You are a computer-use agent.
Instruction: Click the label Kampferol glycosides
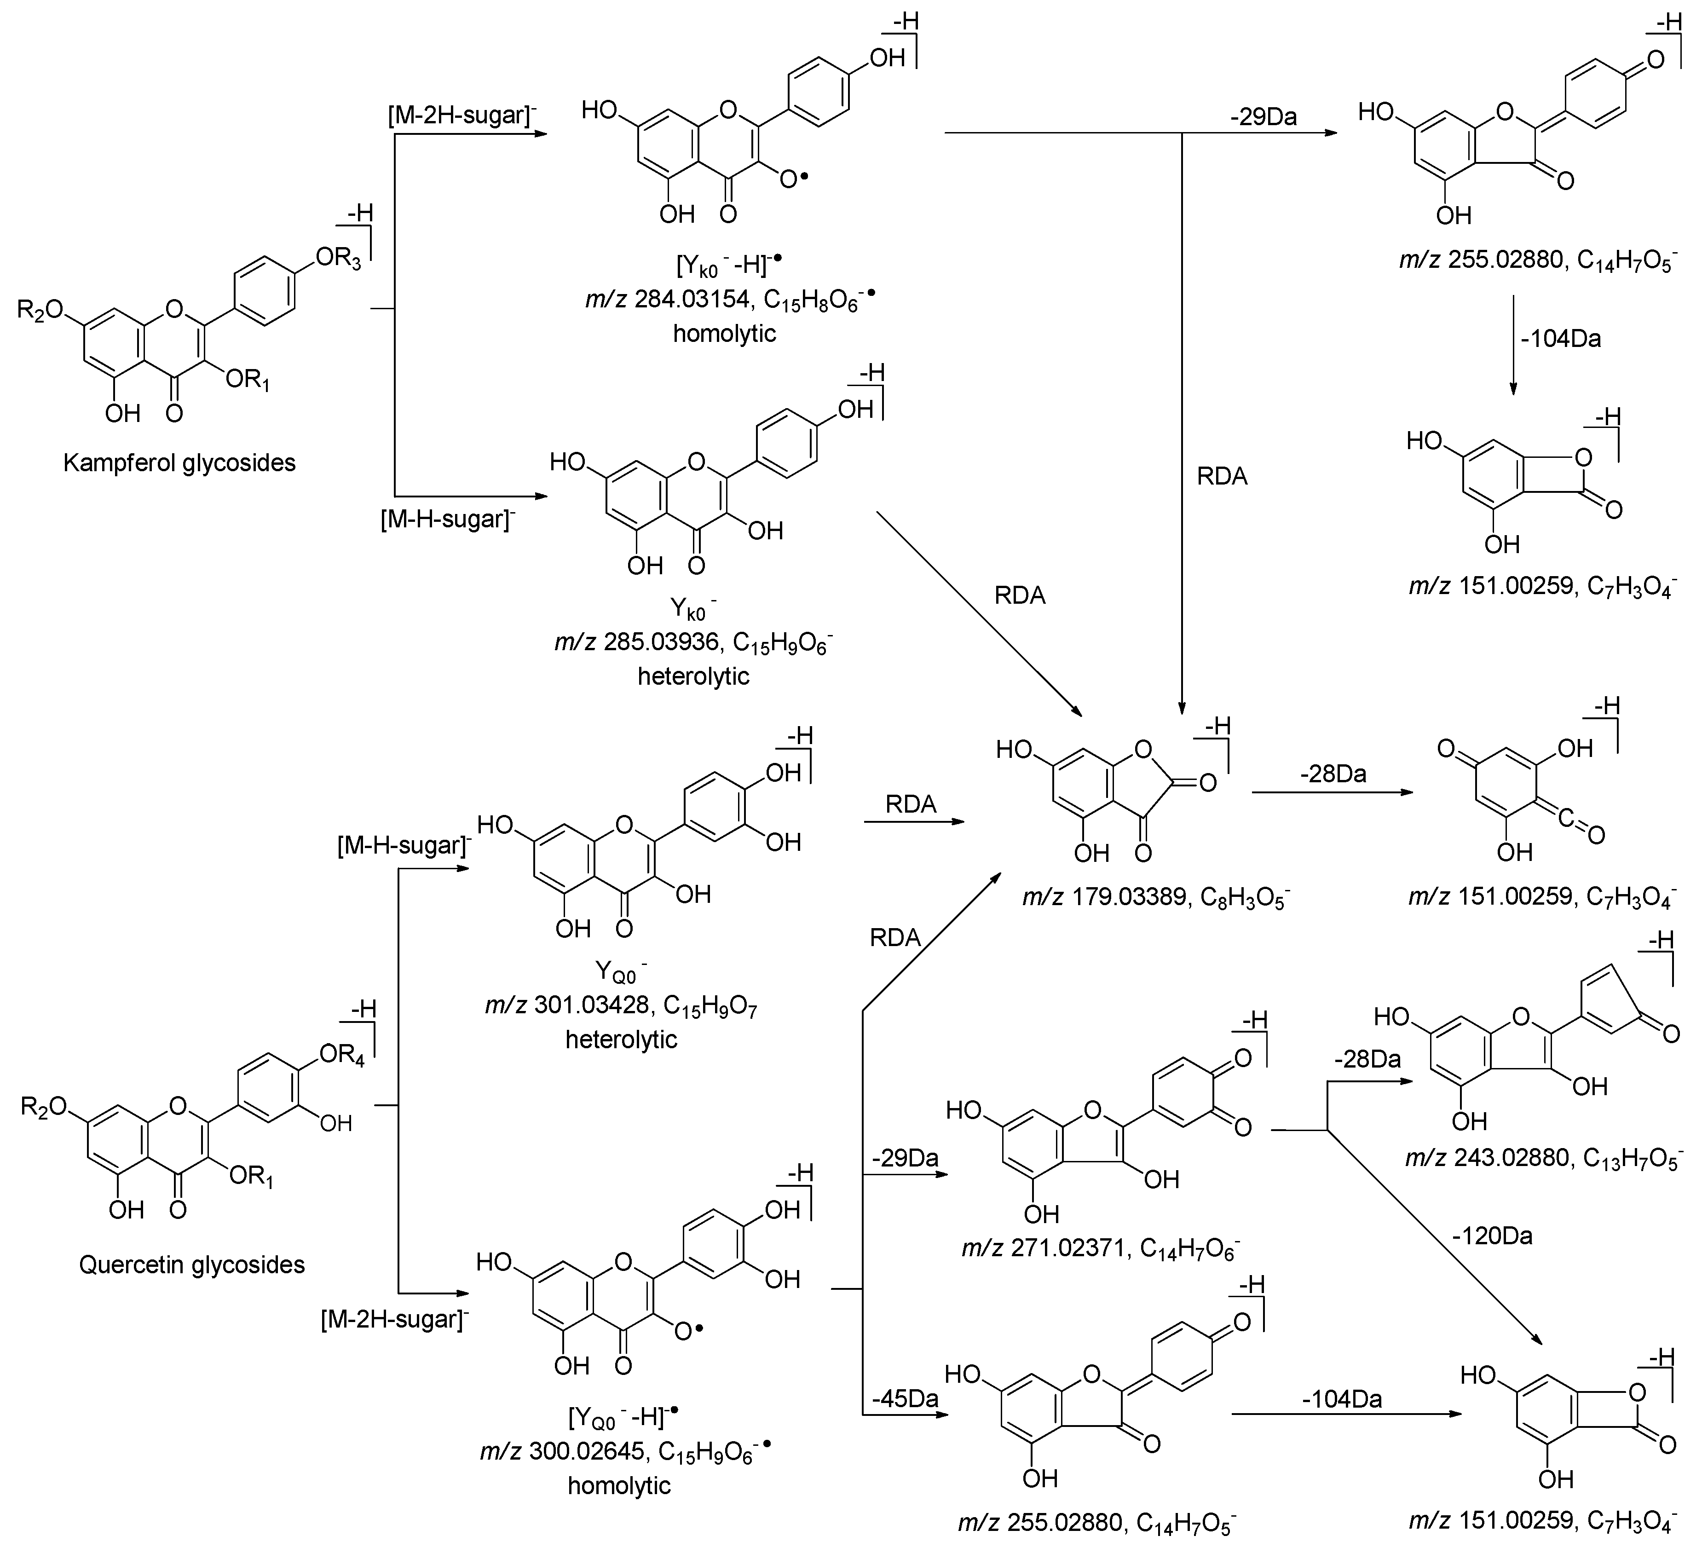(x=179, y=462)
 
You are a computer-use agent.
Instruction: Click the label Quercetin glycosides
(x=192, y=1265)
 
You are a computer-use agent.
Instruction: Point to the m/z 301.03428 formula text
(x=621, y=1006)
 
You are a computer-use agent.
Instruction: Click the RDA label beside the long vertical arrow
(x=1222, y=477)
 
